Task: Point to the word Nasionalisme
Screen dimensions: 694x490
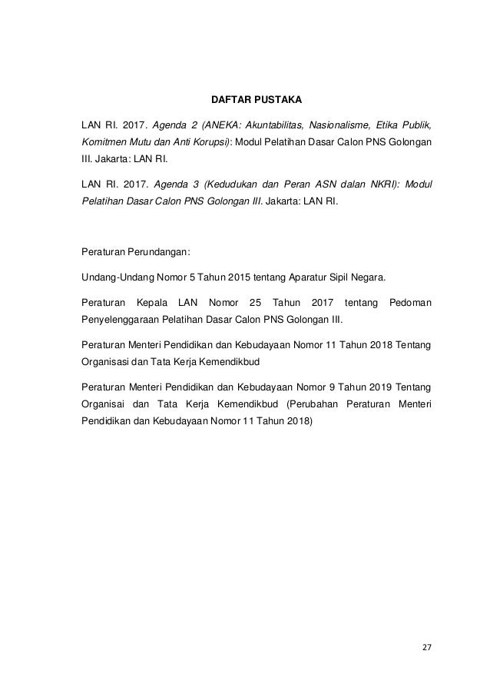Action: tap(339, 125)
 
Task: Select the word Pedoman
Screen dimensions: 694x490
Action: tap(410, 303)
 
